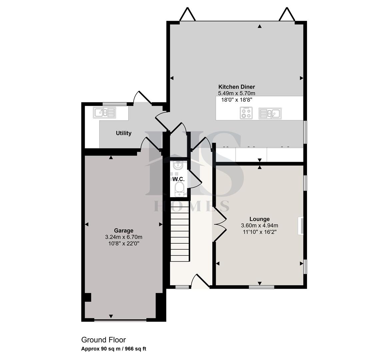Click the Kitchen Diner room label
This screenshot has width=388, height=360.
coord(237,87)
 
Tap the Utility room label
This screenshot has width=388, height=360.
coord(123,133)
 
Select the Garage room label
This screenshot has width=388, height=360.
coord(124,231)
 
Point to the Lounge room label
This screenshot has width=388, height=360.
coord(259,219)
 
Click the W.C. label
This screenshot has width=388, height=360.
coord(178,179)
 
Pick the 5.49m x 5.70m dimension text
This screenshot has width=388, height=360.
coord(237,93)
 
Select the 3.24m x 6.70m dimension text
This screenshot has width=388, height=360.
coord(124,237)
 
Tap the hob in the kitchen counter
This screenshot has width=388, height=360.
coord(246,113)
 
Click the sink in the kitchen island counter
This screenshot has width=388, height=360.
coord(270,113)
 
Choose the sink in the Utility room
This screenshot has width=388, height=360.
coord(104,113)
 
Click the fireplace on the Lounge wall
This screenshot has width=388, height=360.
coord(301,226)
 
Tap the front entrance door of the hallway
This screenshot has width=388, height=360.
coord(200,281)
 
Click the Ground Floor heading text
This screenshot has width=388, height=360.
coord(104,340)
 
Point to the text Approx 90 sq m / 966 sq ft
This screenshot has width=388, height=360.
coord(114,349)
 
